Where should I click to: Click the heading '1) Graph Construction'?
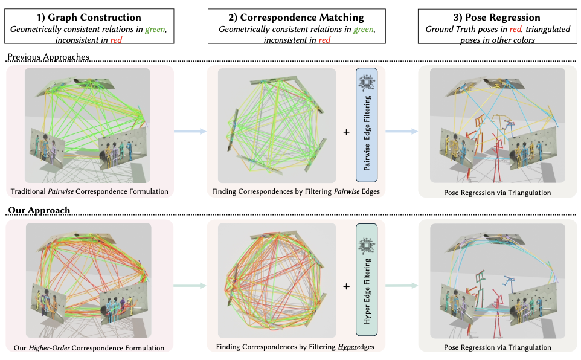[89, 18]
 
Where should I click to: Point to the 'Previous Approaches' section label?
[48, 57]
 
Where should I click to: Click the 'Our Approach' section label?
[37, 210]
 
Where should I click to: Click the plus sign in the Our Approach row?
[346, 286]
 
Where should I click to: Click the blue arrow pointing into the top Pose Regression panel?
[400, 131]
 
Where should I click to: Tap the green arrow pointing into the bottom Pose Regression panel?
[400, 286]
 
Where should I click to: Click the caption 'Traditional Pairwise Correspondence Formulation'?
[89, 192]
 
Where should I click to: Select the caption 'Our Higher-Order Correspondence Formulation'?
[89, 347]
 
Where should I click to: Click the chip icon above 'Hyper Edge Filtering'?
[366, 243]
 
